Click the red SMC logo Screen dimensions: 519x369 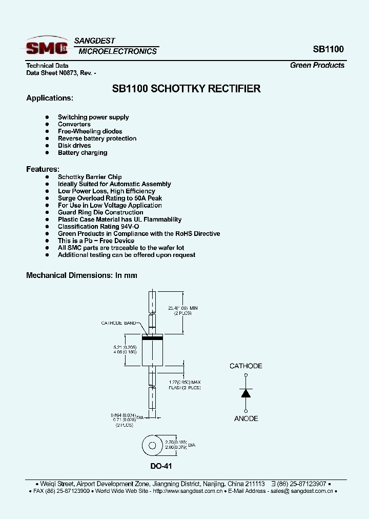coord(47,48)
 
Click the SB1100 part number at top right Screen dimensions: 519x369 coord(328,50)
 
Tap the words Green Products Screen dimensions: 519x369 coord(317,65)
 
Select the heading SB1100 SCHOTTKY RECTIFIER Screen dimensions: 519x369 coord(186,89)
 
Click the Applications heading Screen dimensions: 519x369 coord(50,98)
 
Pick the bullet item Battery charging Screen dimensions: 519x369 coord(83,153)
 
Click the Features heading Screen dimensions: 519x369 coord(43,169)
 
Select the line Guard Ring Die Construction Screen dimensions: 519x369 coord(100,212)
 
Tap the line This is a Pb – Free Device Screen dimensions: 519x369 coord(96,241)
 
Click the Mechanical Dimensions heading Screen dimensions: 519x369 coord(81,275)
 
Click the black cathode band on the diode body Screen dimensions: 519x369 coord(152,338)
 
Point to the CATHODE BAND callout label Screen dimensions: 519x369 coord(119,323)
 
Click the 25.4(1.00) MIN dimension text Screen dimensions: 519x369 coord(183,308)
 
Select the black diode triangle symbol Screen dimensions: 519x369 coord(246,393)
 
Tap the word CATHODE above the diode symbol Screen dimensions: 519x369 coord(246,366)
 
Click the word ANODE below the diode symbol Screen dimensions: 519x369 coord(246,419)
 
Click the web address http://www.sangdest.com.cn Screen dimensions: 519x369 coord(188,491)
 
